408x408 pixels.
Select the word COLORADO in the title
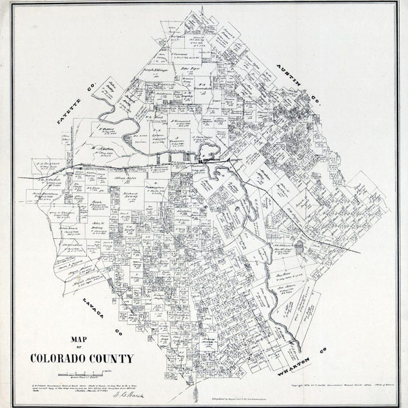coord(57,358)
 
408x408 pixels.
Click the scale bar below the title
coord(79,374)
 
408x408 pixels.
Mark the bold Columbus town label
coord(209,159)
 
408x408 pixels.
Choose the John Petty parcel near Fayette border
coord(111,85)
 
